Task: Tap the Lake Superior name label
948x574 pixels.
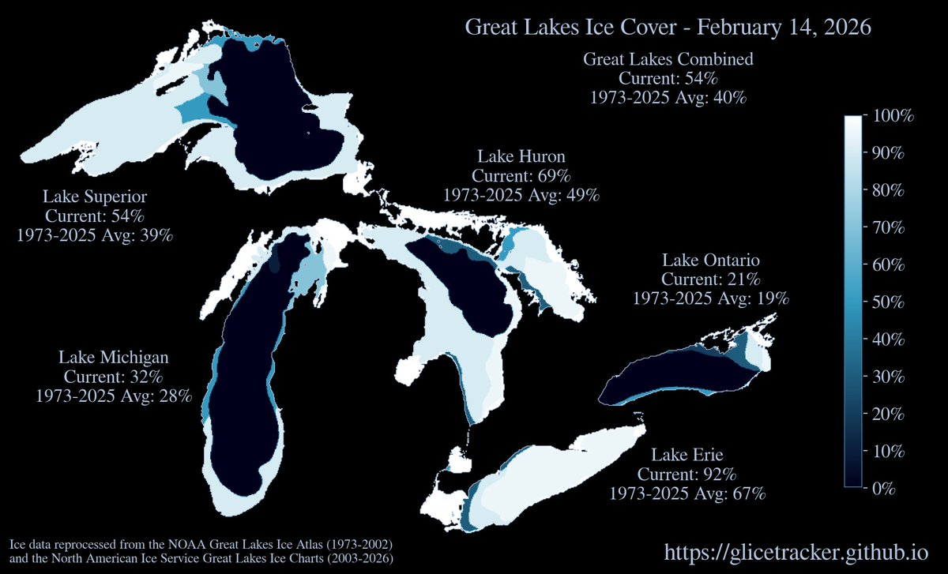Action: pyautogui.click(x=95, y=196)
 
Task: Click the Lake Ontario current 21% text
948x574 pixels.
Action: pyautogui.click(x=710, y=279)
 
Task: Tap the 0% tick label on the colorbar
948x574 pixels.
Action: pyautogui.click(x=884, y=488)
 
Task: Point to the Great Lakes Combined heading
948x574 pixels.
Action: pyautogui.click(x=668, y=59)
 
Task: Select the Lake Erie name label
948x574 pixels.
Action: pyautogui.click(x=687, y=455)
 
